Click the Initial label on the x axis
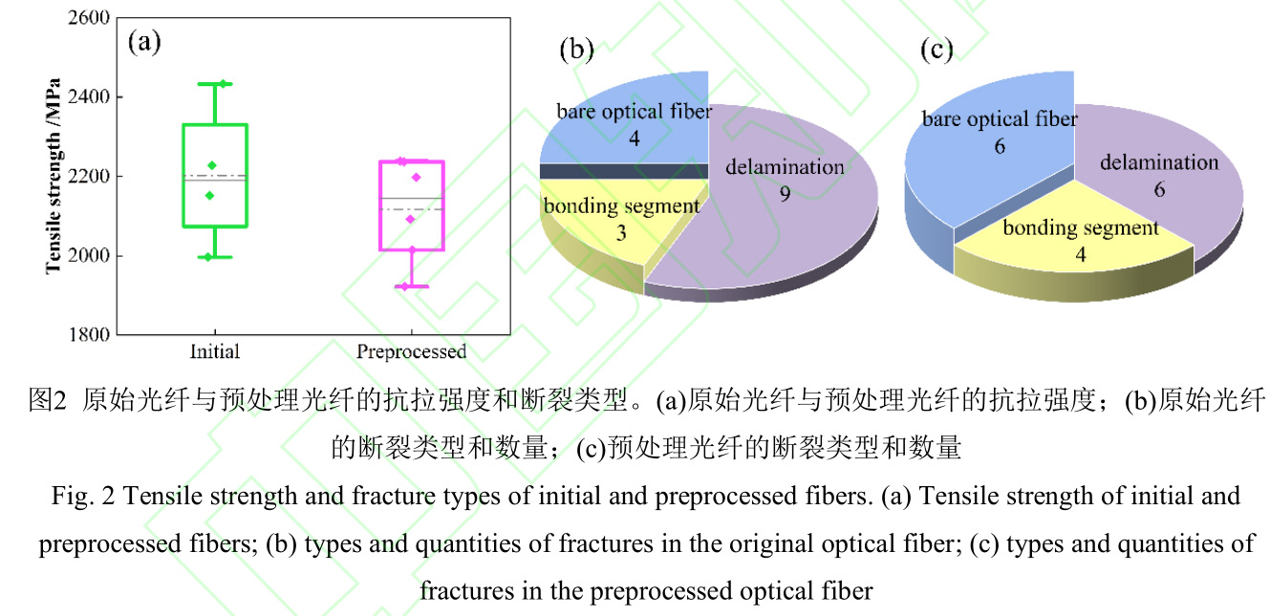coord(215,351)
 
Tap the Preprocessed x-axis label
coord(411,351)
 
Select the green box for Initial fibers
coord(215,175)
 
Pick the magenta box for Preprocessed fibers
coord(411,205)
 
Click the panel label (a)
coord(144,42)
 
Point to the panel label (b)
coord(576,49)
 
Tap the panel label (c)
coord(936,49)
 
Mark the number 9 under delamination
coord(785,192)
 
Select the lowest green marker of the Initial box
coord(208,256)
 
